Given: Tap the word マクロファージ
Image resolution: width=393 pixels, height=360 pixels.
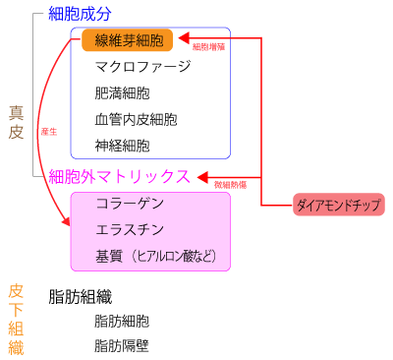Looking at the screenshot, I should (142, 68).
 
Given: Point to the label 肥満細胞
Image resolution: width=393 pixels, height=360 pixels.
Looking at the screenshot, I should (123, 94).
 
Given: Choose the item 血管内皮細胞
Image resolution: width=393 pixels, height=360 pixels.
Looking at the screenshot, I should (136, 121).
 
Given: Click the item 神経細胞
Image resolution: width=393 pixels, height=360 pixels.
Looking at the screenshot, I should (123, 147).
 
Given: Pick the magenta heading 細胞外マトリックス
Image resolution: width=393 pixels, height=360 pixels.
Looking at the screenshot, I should (119, 176).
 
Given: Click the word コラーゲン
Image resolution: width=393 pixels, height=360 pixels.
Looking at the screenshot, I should (130, 204).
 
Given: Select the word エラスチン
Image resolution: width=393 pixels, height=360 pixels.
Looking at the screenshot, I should (130, 230).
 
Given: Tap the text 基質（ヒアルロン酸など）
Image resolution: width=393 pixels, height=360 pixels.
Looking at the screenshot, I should (155, 257).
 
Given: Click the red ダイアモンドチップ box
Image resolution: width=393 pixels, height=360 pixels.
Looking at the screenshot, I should (339, 205).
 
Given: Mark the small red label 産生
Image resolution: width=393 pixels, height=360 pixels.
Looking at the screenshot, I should (46, 131).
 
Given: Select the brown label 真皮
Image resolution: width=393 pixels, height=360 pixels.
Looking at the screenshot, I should (16, 122).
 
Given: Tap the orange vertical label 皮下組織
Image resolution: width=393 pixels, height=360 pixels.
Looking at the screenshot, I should (16, 319).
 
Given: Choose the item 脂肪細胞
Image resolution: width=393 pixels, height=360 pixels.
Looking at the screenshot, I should (122, 321).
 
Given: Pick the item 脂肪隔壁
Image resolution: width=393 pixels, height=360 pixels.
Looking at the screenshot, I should (122, 345).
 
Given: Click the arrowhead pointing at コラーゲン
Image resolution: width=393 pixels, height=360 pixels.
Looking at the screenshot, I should (69, 224).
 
